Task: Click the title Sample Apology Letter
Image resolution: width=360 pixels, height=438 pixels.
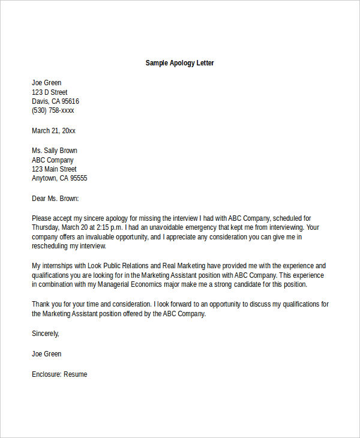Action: click(179, 63)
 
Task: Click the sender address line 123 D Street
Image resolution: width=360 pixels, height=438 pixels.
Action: click(50, 92)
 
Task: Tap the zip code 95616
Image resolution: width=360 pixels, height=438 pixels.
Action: click(69, 101)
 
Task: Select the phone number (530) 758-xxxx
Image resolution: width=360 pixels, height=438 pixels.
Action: click(53, 111)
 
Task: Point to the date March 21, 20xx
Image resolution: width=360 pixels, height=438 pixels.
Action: click(53, 131)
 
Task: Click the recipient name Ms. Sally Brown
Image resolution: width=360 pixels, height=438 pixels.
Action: click(54, 151)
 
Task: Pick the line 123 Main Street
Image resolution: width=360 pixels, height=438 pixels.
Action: click(54, 169)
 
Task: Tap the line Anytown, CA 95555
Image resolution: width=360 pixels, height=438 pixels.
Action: click(59, 178)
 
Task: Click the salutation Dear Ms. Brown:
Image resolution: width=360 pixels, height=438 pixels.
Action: click(55, 198)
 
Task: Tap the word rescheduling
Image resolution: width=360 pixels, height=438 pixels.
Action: click(50, 246)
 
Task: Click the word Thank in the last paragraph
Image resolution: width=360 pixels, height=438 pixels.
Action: click(41, 304)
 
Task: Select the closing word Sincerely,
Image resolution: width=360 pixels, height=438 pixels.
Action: click(46, 334)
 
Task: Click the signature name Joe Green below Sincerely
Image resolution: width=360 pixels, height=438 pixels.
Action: click(46, 354)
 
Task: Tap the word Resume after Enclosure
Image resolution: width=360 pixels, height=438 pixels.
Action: click(75, 374)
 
